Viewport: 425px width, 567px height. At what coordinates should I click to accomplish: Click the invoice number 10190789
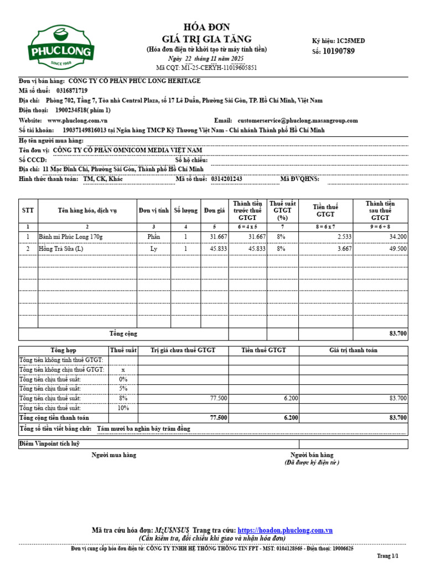tap(338, 51)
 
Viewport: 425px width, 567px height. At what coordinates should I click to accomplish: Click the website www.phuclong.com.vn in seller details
tap(77, 120)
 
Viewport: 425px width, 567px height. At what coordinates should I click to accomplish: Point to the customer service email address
tap(298, 120)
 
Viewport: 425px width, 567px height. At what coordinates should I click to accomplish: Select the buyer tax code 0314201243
tap(227, 179)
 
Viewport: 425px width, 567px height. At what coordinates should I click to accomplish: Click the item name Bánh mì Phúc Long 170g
tap(71, 236)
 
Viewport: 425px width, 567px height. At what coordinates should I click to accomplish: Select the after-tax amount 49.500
tap(397, 249)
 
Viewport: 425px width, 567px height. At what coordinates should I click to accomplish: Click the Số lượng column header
tap(185, 210)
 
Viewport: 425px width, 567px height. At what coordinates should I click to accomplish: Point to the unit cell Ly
tap(154, 249)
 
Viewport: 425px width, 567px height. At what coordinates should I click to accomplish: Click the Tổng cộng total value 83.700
tap(397, 334)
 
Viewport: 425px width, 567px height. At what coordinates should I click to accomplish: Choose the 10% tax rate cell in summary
tap(123, 408)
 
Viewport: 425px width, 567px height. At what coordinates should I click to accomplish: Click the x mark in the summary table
tap(123, 369)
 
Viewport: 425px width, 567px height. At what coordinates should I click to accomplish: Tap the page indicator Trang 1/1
tap(387, 555)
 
